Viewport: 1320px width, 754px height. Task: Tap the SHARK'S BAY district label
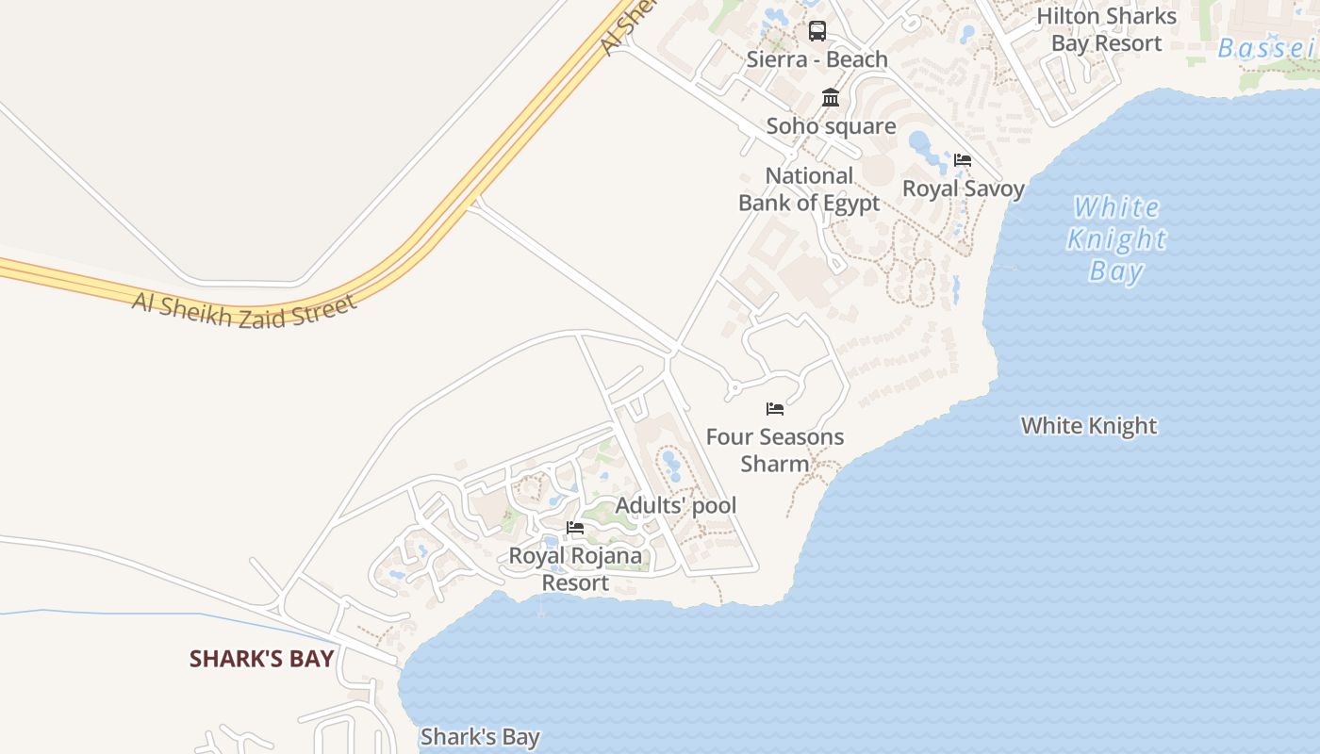(262, 658)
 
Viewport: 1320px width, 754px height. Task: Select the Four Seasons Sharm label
(775, 450)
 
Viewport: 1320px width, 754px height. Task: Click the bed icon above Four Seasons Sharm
(775, 408)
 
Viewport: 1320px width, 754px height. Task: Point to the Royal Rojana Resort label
(575, 568)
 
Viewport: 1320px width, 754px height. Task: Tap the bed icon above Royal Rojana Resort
(575, 528)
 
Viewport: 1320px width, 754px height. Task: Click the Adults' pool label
(676, 505)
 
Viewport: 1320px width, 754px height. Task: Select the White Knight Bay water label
(1117, 238)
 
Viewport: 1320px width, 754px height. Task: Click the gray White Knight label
(1089, 425)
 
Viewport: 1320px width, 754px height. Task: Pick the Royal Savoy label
(964, 188)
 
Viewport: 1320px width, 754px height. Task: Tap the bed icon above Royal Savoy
(963, 159)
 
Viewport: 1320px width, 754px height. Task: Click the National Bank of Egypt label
(809, 188)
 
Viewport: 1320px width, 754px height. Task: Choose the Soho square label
(831, 125)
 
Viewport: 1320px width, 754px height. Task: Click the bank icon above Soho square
(831, 97)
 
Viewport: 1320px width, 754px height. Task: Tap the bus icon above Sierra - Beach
(817, 31)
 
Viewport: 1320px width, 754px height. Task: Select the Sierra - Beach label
(817, 59)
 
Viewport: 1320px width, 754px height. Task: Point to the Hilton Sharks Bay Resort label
(1107, 29)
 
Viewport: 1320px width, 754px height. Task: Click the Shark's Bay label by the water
(480, 736)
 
